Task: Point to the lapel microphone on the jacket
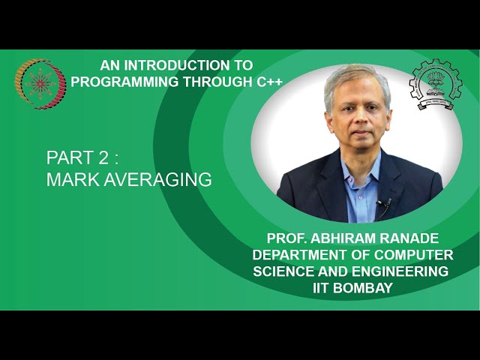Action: point(382,202)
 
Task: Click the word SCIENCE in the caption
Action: point(282,271)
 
